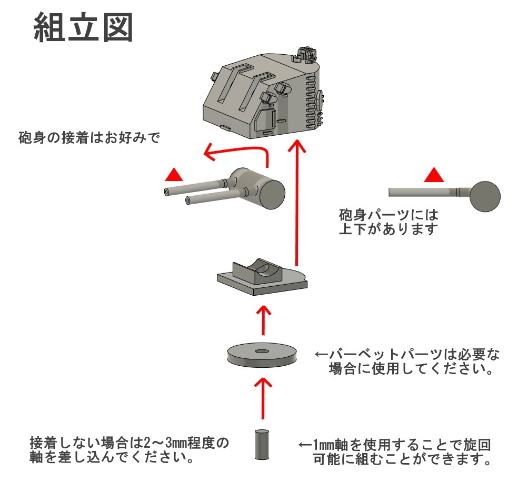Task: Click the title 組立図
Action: pyautogui.click(x=83, y=27)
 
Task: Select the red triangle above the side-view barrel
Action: pyautogui.click(x=434, y=175)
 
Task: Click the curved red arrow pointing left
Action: pyautogui.click(x=237, y=154)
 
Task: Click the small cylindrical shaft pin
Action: pyautogui.click(x=262, y=445)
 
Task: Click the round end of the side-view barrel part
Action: pyautogui.click(x=485, y=196)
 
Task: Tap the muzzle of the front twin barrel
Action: pyautogui.click(x=188, y=200)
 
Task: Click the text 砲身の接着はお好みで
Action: pyautogui.click(x=88, y=138)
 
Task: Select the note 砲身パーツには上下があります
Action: pyautogui.click(x=388, y=222)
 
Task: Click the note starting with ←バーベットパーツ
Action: pyautogui.click(x=405, y=361)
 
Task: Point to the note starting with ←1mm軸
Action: pyautogui.click(x=395, y=452)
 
